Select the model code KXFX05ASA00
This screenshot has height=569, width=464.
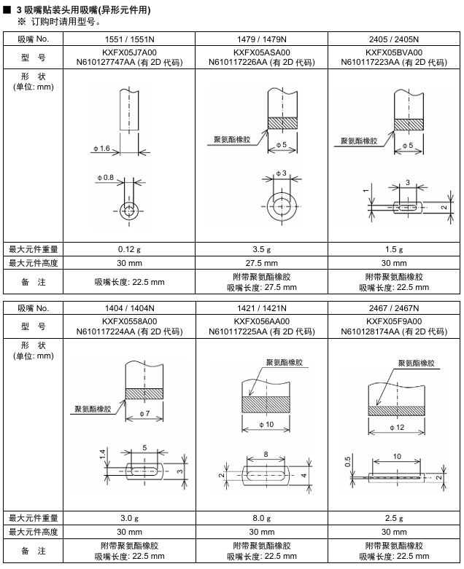261,52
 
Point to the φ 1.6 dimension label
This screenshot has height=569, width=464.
101,149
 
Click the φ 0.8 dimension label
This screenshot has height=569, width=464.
105,177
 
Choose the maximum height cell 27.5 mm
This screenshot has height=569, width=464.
261,262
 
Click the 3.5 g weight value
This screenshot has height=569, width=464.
261,249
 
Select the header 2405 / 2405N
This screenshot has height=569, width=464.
394,39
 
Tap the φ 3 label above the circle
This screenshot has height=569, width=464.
279,173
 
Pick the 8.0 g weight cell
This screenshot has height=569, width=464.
261,518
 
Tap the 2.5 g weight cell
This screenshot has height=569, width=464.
394,518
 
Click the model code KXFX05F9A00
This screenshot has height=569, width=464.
394,321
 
